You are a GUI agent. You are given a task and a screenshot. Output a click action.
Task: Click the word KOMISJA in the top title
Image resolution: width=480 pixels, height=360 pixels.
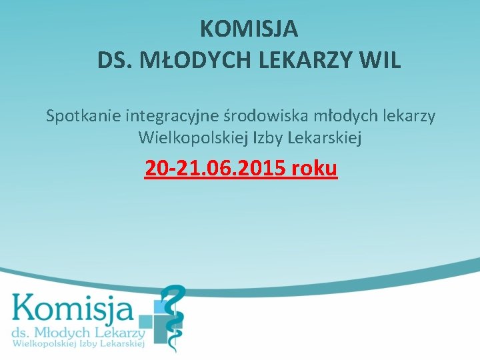pyautogui.click(x=249, y=29)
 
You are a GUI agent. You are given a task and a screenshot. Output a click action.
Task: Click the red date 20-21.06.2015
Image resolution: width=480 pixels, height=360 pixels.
pyautogui.click(x=215, y=168)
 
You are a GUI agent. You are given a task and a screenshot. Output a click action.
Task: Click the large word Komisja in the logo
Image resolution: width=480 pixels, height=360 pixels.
pyautogui.click(x=72, y=309)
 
